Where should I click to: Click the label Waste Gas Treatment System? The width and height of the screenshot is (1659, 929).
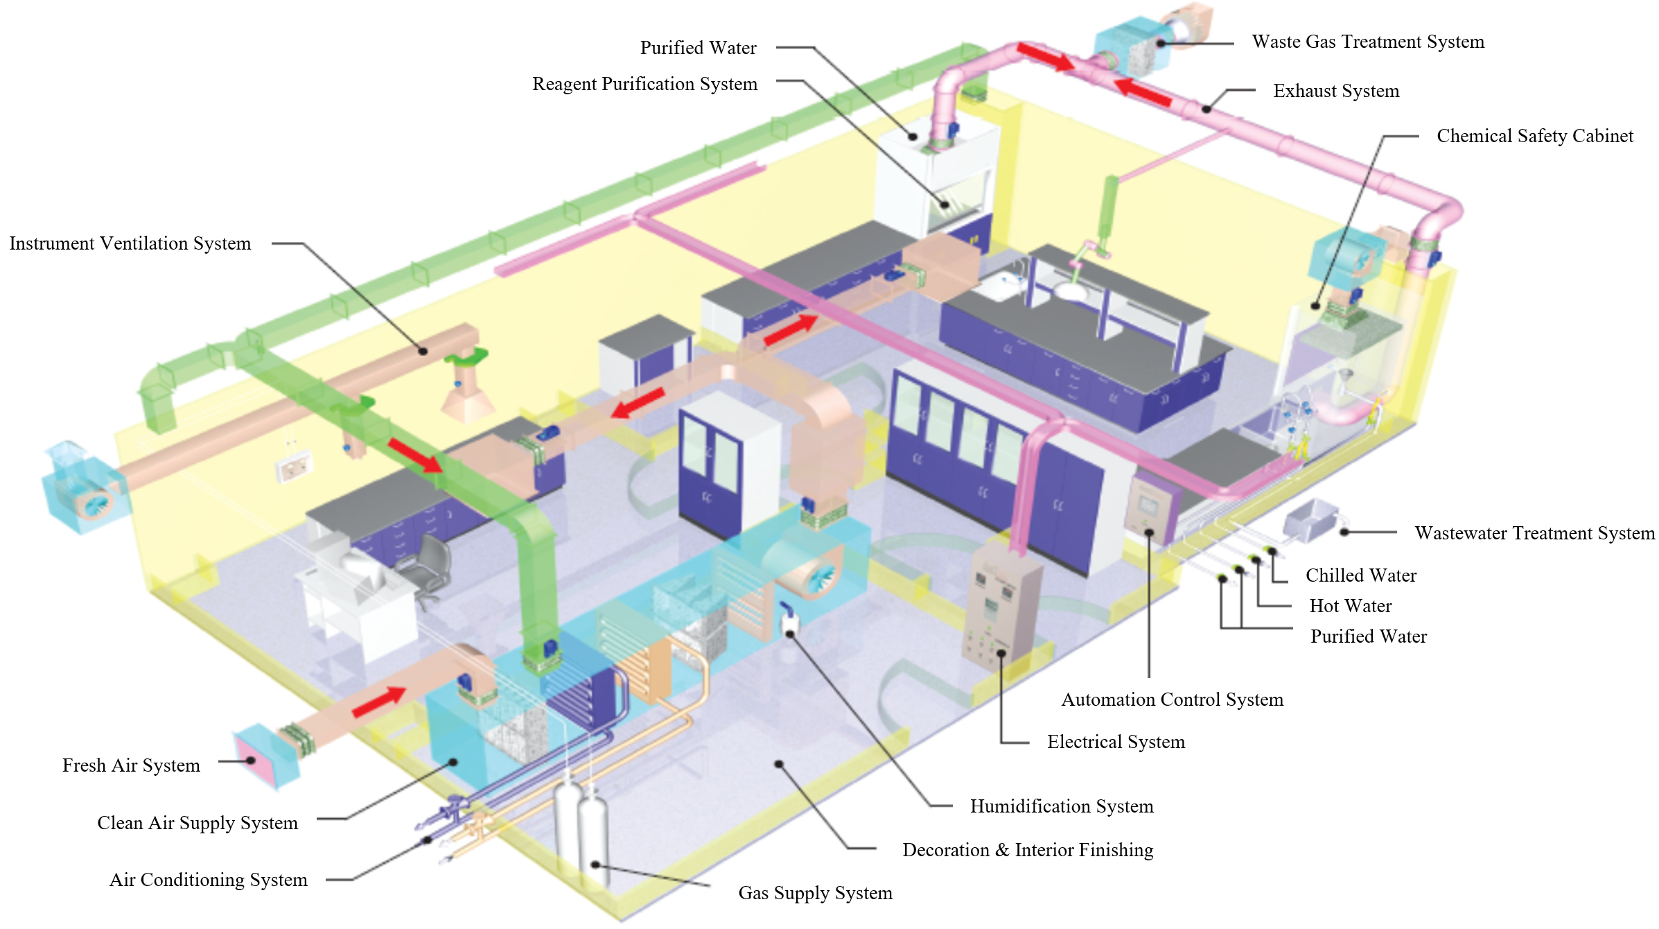coord(1367,42)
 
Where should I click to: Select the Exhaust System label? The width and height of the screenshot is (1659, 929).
coord(1335,92)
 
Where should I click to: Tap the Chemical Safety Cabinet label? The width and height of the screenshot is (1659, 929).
coord(1534,136)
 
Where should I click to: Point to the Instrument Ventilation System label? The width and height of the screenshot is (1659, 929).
coord(130,243)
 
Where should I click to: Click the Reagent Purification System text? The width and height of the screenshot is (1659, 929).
coord(644,84)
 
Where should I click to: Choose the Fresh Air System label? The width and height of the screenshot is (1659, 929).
coord(131,765)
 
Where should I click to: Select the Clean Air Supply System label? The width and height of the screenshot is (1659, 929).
coord(197,823)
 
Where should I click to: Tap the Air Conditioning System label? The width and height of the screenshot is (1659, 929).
coord(208,880)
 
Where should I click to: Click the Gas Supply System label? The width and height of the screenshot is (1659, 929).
coord(815,893)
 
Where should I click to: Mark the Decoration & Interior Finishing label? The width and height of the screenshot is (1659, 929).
coord(1027,850)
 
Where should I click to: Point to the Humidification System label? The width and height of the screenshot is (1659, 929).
coord(1061,806)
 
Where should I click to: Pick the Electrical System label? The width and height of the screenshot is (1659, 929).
coord(1116,742)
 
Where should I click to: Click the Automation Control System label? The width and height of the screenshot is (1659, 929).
coord(1172,700)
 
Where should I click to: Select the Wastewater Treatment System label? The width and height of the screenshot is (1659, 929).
coord(1534,533)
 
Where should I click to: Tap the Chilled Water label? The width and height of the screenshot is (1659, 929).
coord(1360,575)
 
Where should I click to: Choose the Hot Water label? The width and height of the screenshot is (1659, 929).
coord(1350,606)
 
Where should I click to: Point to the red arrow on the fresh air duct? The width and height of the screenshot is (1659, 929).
coord(378,702)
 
